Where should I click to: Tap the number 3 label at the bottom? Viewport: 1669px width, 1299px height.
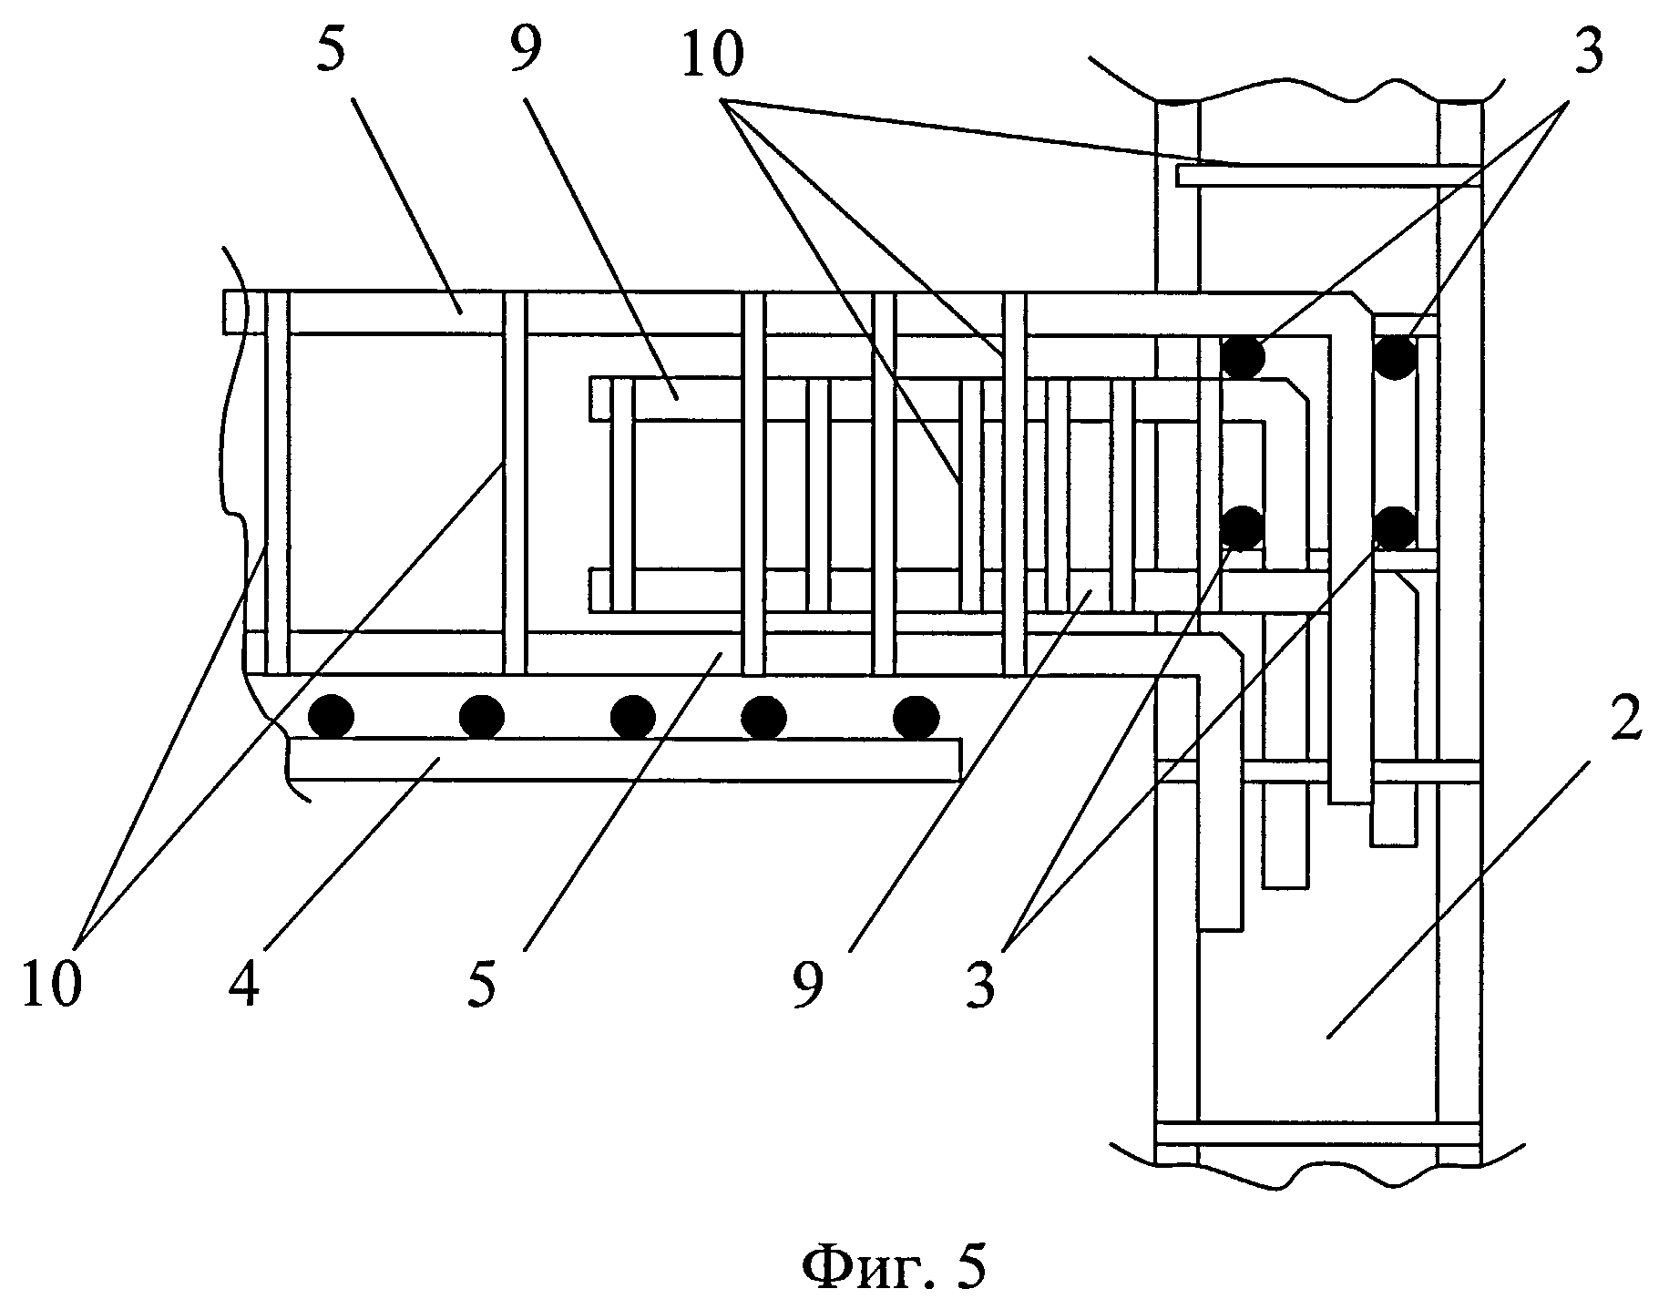click(980, 986)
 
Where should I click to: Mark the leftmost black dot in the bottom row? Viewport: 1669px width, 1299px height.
click(331, 717)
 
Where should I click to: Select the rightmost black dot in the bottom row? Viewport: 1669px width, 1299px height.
click(916, 717)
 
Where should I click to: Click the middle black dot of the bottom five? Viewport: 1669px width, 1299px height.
click(633, 717)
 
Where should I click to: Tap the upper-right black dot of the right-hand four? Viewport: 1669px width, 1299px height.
click(1395, 357)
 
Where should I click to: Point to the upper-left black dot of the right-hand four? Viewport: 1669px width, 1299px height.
click(1243, 357)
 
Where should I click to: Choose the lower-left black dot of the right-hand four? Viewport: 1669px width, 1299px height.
click(1243, 527)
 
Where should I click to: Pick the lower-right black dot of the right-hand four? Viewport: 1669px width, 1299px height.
click(1394, 527)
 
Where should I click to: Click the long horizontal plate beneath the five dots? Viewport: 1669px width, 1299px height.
click(625, 759)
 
